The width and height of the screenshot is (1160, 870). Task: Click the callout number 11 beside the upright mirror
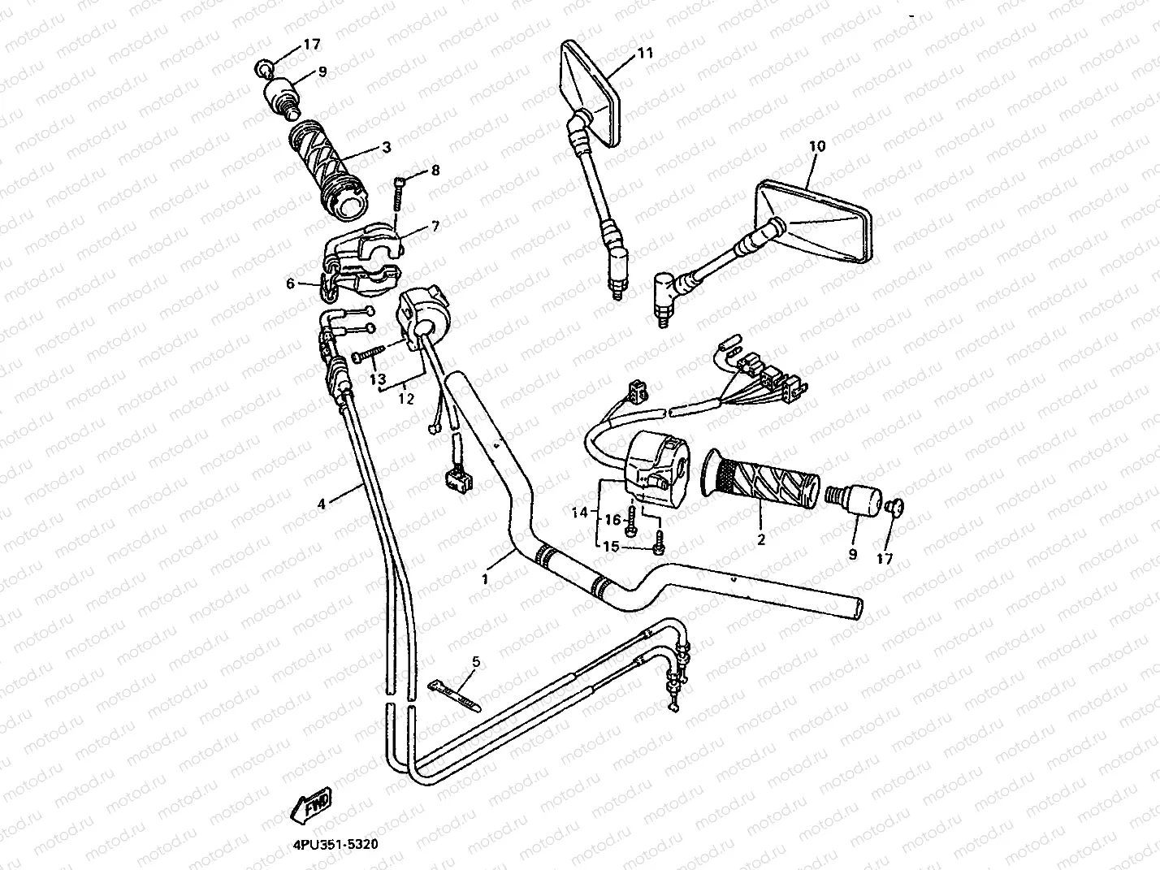tap(645, 54)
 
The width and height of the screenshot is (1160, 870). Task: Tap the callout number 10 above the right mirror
tap(817, 146)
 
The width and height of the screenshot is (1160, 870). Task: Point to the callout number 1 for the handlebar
tap(485, 579)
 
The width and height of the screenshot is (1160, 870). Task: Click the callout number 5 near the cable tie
tap(476, 662)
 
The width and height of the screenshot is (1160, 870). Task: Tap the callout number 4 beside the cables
tap(322, 504)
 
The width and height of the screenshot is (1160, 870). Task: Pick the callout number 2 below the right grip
tap(761, 539)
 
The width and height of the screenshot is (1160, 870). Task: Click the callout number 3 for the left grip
tap(386, 147)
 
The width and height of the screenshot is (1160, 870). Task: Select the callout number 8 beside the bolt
tap(435, 171)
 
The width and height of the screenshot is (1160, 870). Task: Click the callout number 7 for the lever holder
tap(435, 226)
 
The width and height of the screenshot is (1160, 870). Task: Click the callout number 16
tap(614, 519)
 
